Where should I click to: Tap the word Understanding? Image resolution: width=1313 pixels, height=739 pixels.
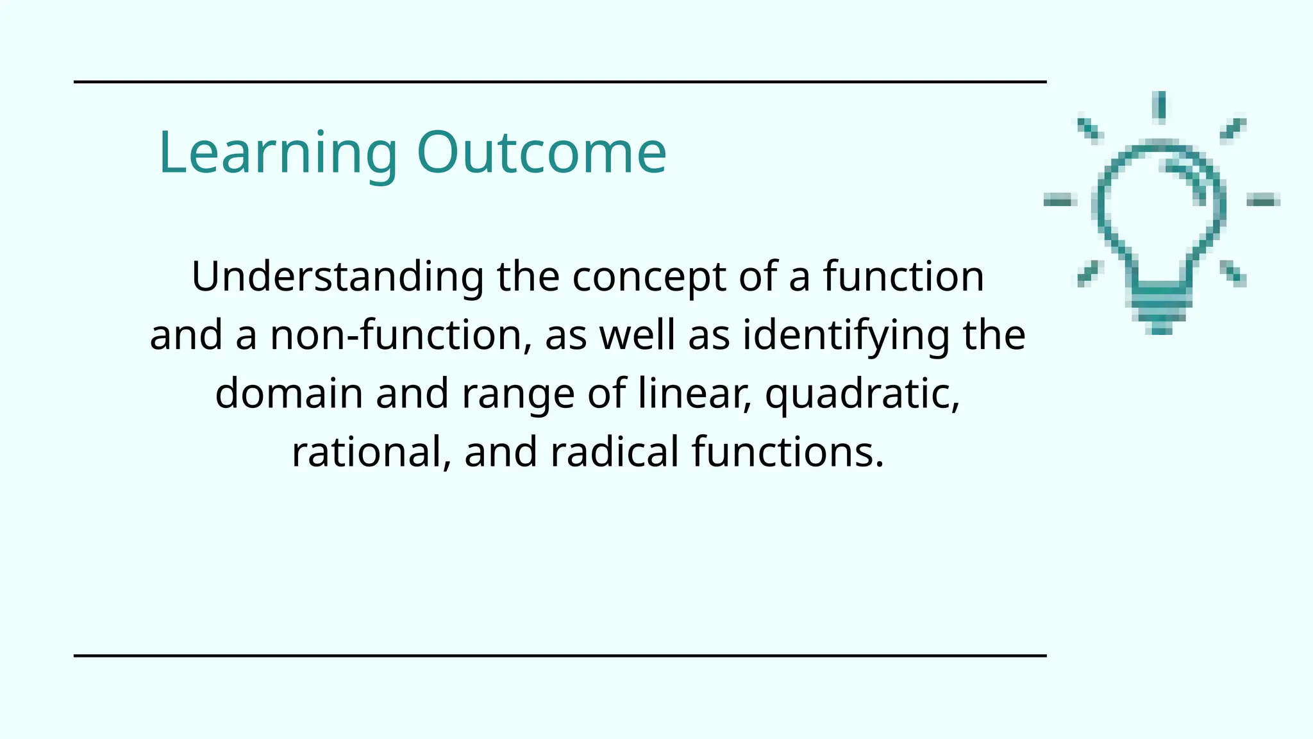(x=337, y=277)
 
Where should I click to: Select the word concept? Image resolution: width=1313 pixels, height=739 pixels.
(x=649, y=277)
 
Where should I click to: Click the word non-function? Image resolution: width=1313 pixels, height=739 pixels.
(x=401, y=336)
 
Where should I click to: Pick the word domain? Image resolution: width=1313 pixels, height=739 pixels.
(x=289, y=393)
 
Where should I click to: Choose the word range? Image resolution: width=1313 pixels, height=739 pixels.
(x=518, y=393)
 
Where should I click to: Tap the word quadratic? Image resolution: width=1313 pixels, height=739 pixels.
(x=862, y=393)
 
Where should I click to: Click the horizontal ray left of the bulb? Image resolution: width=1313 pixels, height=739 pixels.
(x=1059, y=201)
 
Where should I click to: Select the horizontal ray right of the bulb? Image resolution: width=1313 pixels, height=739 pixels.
(x=1263, y=201)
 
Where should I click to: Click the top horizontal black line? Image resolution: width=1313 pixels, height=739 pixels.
(x=560, y=82)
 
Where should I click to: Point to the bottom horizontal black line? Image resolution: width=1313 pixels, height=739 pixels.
(x=560, y=656)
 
